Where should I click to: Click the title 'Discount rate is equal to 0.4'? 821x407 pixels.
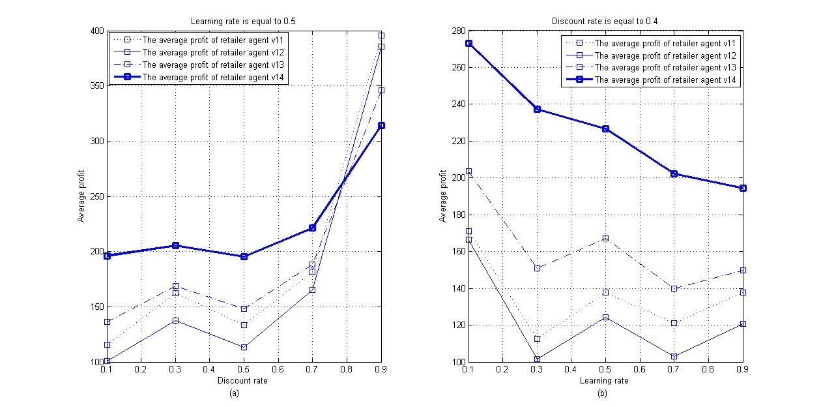[605, 22]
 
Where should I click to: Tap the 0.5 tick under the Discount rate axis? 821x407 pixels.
[244, 369]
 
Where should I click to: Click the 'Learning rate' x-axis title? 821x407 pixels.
[605, 381]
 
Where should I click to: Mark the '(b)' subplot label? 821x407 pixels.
[605, 393]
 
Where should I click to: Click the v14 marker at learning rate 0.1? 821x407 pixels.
[468, 43]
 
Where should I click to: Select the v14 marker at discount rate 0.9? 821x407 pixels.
[381, 125]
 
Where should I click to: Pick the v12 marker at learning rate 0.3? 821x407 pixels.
[537, 359]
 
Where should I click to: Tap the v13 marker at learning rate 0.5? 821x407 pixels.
[605, 239]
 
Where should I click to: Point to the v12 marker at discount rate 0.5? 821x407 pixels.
[244, 347]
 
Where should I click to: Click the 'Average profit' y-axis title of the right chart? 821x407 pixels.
[444, 196]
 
